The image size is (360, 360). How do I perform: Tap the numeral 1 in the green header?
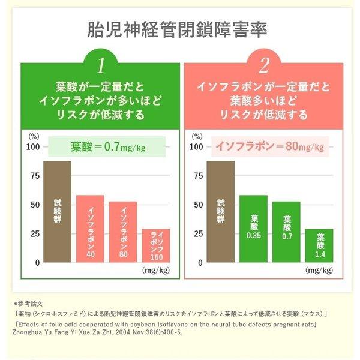point(101,64)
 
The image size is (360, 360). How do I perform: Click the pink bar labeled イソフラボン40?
point(90,229)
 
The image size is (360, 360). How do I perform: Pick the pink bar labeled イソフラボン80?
point(122,232)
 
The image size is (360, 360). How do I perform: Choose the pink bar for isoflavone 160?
point(155,245)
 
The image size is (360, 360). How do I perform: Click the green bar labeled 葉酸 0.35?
point(253,229)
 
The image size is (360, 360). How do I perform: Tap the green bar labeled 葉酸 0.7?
point(286,232)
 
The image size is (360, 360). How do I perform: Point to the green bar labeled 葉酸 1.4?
point(319,245)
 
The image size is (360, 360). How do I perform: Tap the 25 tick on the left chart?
point(34,233)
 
